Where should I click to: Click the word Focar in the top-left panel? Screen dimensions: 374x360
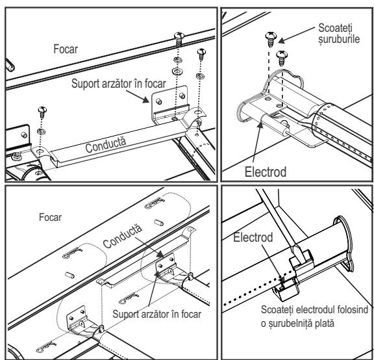click(66, 49)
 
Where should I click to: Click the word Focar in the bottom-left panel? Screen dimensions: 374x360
click(50, 217)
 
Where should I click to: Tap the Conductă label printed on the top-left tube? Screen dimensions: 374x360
click(105, 145)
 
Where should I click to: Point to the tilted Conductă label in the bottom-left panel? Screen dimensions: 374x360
click(123, 236)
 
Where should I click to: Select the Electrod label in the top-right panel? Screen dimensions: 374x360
click(266, 172)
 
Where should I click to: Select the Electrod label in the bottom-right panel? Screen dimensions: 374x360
click(253, 238)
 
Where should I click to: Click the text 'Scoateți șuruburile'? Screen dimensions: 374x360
click(339, 33)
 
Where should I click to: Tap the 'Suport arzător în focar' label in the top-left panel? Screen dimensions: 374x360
click(119, 84)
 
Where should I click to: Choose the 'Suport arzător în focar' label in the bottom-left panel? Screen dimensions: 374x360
click(156, 314)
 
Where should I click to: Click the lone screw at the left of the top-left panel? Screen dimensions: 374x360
click(42, 112)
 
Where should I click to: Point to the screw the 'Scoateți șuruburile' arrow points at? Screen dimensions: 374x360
click(271, 40)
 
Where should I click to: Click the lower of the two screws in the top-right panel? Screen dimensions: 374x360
click(282, 58)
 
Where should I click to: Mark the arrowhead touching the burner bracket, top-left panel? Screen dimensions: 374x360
click(145, 99)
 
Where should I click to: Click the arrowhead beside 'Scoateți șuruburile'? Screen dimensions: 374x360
click(282, 40)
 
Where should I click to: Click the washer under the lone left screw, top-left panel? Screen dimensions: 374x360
click(42, 131)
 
